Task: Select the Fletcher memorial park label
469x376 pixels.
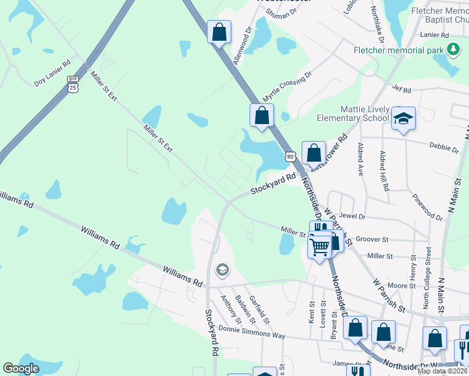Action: coord(399,50)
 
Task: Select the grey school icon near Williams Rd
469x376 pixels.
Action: coord(221,270)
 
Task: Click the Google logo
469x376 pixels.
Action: coord(21,368)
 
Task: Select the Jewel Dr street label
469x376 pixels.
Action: coord(352,216)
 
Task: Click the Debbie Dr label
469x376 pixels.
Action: coord(444,148)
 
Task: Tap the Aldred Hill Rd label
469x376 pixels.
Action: coord(385,170)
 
